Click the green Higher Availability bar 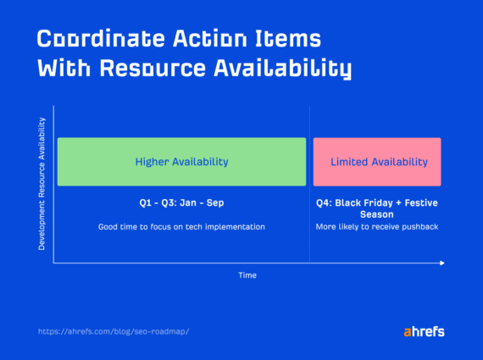click(181, 161)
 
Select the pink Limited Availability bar click(377, 161)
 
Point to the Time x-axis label click(247, 275)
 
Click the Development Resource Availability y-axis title click(42, 184)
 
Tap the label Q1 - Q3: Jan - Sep click(181, 203)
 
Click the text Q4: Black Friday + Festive click(378, 203)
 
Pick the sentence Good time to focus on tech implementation click(181, 227)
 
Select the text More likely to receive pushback click(377, 227)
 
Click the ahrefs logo click(424, 330)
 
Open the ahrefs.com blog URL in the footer click(114, 331)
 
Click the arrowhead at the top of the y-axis click(54, 107)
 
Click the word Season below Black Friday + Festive click(377, 214)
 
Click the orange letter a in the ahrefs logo click(408, 331)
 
